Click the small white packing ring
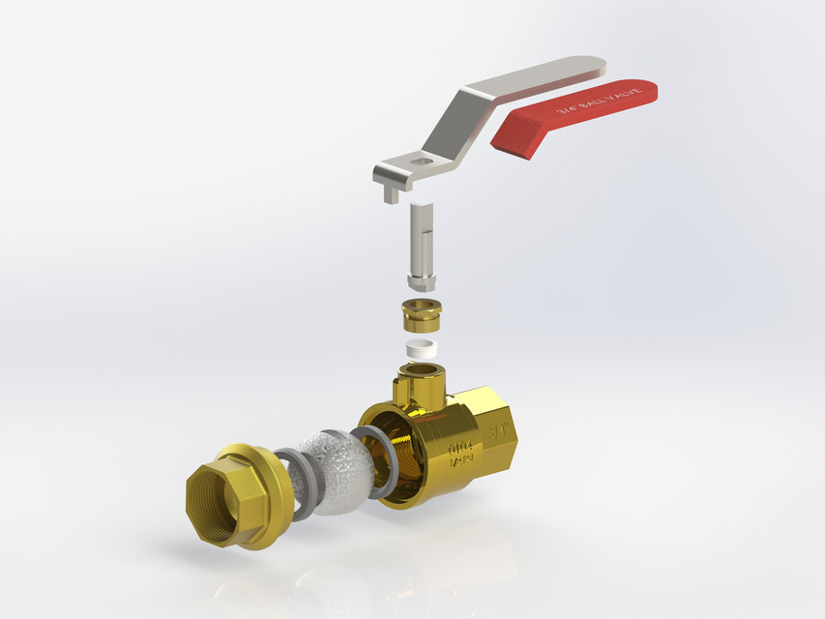click(x=420, y=348)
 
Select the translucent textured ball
click(x=334, y=472)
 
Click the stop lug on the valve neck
click(x=399, y=393)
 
